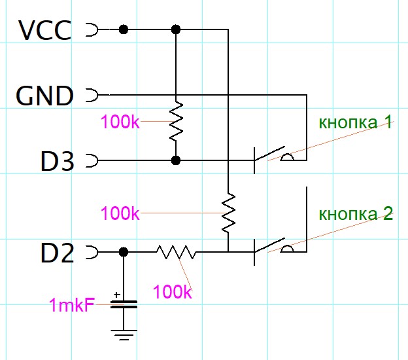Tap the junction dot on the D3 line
175,160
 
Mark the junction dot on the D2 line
124,251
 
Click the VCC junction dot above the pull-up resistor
175,29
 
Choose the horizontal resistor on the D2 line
175,251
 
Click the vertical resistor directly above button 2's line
228,213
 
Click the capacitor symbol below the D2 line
124,304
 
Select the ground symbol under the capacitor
124,336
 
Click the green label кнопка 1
356,122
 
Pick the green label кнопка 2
356,214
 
